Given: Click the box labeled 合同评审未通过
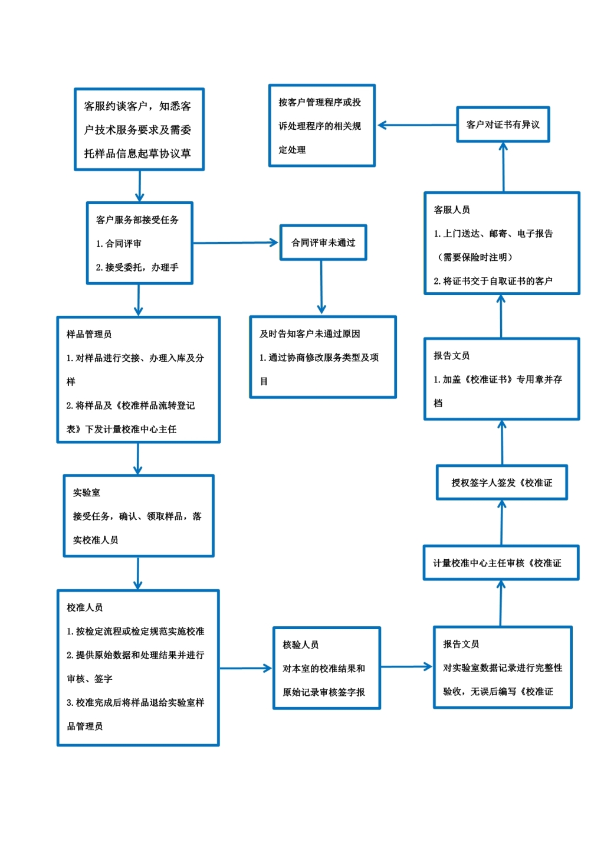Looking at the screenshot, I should tap(323, 243).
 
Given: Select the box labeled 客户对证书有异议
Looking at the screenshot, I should tap(503, 125).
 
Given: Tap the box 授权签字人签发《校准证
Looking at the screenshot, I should tap(501, 483).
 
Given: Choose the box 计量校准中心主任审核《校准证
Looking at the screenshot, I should tap(501, 563).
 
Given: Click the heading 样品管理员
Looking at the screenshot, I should tap(88, 334).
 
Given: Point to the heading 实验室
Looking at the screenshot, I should tap(86, 492).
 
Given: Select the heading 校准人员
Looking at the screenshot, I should tap(84, 607).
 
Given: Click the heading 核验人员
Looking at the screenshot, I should tap(300, 644).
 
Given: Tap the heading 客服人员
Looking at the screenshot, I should tap(452, 210).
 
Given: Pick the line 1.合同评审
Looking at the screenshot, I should tap(119, 243).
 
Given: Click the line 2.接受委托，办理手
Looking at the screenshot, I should tap(137, 267).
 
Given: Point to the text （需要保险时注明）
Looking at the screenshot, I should tap(475, 257).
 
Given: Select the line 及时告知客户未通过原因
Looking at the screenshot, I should tap(310, 333).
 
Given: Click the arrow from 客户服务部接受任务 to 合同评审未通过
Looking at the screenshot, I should tap(235, 243).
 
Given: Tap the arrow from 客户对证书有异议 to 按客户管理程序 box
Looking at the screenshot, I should tap(417, 125).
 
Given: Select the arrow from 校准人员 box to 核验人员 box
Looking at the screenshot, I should tap(245, 668).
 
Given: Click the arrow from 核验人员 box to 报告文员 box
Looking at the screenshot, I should tap(406, 667).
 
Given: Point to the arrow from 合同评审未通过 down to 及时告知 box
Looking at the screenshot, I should tap(321, 287).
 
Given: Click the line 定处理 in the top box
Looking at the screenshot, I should tap(292, 150).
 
